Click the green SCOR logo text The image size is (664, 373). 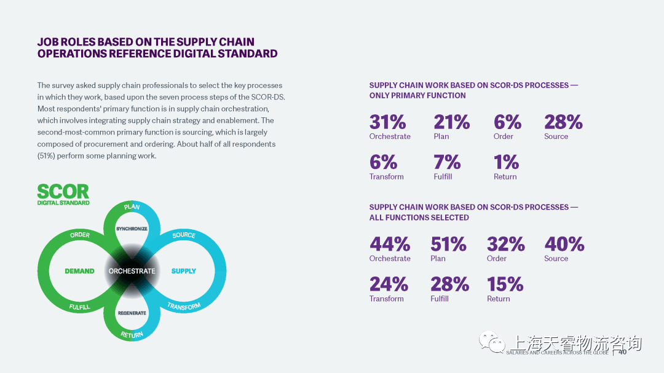pos(63,191)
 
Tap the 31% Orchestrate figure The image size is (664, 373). pos(387,122)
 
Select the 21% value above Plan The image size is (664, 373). pos(451,122)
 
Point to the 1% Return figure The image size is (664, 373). pos(506,162)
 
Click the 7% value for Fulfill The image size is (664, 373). pos(447,162)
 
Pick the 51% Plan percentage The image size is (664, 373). pos(448,245)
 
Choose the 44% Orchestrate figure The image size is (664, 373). pos(390,245)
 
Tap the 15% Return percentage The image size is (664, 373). pos(505,285)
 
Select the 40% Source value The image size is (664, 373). pos(564,245)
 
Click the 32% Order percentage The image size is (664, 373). pos(505,245)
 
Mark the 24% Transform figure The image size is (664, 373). pos(389,285)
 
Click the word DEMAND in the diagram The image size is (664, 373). pos(80,271)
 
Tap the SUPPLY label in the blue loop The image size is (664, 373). pos(184,271)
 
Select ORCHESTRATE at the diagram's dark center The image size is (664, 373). pos(132,271)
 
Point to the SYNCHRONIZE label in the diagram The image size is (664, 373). pos(132,229)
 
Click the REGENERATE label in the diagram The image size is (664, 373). pos(132,313)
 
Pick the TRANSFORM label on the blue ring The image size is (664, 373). pos(184,306)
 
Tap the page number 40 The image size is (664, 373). pos(622,352)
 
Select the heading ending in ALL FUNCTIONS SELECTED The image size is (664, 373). pos(473,212)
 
